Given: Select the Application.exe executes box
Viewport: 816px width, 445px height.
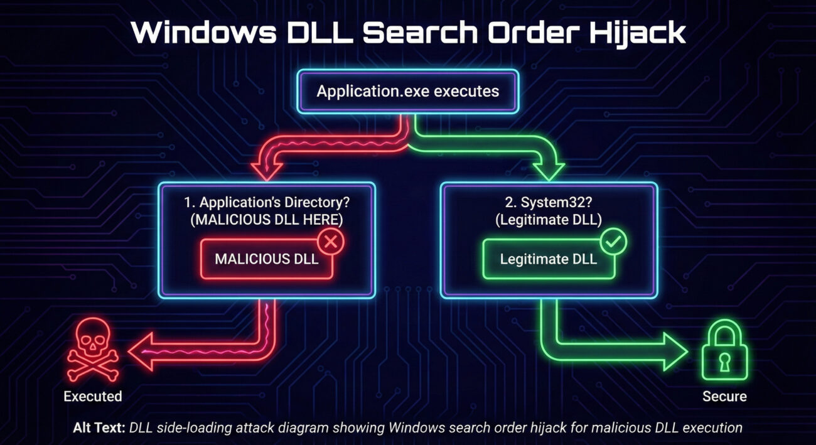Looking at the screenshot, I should point(408,91).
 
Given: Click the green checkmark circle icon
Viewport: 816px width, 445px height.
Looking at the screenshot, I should point(613,240).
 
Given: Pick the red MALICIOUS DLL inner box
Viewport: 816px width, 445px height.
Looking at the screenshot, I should point(266,259).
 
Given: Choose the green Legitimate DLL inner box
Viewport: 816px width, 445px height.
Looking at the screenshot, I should point(549,259).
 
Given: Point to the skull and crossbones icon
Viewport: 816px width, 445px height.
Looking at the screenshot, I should point(92,350).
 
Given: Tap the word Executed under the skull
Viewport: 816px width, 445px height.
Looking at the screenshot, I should point(92,396).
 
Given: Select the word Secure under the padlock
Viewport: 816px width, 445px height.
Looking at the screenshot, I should point(725,396).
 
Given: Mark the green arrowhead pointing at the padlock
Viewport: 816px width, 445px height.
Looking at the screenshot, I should point(674,351).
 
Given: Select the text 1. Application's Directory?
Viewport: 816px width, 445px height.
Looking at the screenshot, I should point(266,203).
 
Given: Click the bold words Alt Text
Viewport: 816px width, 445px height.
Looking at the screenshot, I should point(99,428).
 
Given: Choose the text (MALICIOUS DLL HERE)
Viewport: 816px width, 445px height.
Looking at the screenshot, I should point(266,220).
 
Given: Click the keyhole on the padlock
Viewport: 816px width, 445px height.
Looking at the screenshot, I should point(725,361).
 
